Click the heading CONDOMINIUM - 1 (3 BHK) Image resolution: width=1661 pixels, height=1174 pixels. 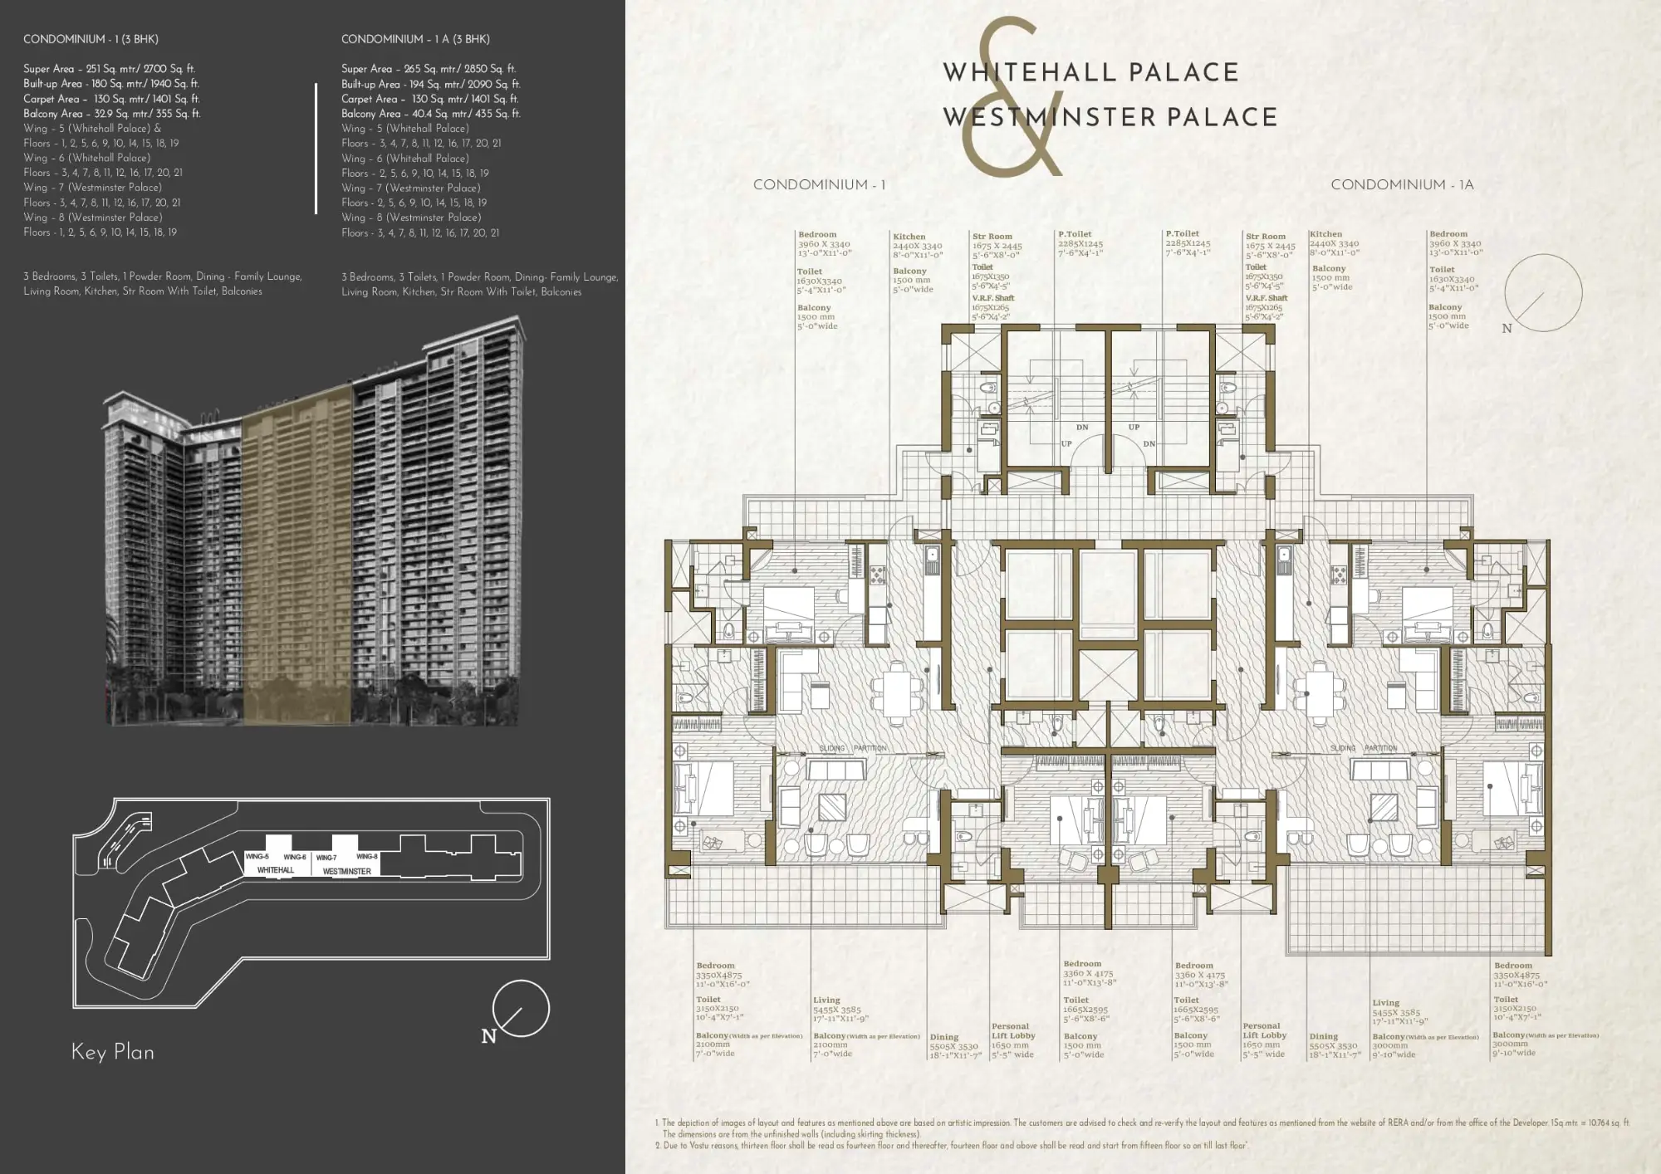(x=91, y=39)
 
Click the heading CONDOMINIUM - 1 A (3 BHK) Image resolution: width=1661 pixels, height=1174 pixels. (x=415, y=39)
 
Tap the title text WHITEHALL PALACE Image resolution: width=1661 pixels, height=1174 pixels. (x=1090, y=72)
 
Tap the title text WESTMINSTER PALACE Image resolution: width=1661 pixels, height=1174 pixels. (x=1110, y=117)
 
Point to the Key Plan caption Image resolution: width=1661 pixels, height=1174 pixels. (x=113, y=1052)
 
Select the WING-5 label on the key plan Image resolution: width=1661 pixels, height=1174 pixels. (x=257, y=856)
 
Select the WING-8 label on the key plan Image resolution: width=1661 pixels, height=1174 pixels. (x=367, y=856)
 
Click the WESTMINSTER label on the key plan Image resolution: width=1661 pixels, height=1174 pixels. (x=346, y=871)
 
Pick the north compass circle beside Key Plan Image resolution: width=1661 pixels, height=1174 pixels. (x=521, y=1008)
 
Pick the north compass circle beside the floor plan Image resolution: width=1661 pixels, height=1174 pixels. (x=1543, y=293)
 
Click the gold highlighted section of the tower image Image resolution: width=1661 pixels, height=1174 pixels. (x=297, y=556)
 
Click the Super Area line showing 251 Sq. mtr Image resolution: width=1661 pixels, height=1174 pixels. (x=109, y=69)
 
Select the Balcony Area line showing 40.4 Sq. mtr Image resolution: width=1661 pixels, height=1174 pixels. (x=430, y=114)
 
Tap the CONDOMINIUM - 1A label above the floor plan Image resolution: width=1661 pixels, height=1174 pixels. (x=1402, y=184)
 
